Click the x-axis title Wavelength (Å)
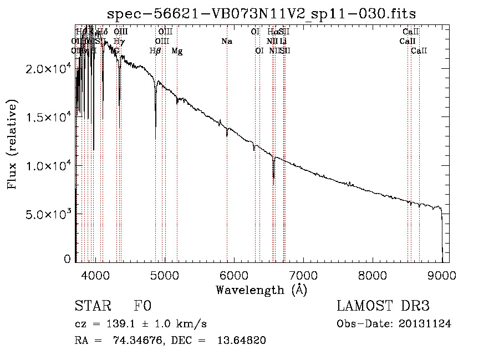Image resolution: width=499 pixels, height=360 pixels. click(x=261, y=290)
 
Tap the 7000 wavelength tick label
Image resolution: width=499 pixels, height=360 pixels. click(x=303, y=275)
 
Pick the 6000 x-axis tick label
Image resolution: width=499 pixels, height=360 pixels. click(x=233, y=275)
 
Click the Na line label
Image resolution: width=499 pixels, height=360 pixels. click(x=226, y=42)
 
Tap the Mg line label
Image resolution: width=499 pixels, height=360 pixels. click(x=177, y=51)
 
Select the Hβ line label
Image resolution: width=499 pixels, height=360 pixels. click(x=155, y=51)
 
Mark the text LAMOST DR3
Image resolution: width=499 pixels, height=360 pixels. click(x=383, y=306)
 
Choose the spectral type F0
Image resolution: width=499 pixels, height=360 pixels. click(x=142, y=306)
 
